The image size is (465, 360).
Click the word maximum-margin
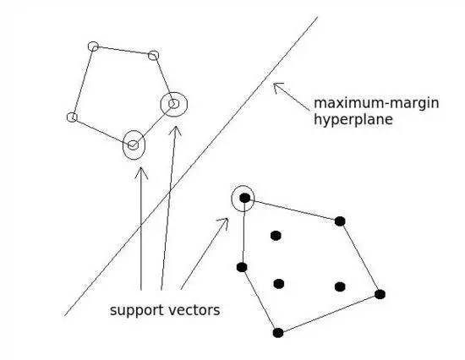376,103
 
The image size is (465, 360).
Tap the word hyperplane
353,120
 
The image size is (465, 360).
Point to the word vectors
194,310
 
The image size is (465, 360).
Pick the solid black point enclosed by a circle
244,198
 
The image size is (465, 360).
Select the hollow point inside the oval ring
133,145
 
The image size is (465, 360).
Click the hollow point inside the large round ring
174,104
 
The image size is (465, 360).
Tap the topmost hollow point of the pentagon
93,46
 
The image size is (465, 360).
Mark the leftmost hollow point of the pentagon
72,117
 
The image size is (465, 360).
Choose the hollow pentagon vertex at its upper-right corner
153,56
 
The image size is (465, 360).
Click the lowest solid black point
278,333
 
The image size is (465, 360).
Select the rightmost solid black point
380,294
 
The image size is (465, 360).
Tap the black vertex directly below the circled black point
242,267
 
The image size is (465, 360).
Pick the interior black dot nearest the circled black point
276,236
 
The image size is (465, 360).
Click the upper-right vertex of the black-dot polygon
340,221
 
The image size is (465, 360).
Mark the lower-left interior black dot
279,284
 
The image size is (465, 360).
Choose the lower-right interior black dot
340,286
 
